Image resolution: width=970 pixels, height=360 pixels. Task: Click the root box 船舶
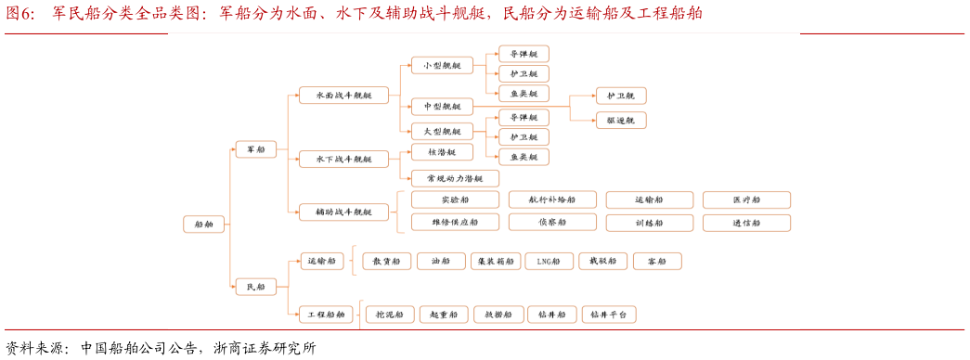click(203, 224)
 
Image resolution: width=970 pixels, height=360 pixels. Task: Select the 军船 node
click(255, 149)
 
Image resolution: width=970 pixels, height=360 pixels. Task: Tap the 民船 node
click(255, 287)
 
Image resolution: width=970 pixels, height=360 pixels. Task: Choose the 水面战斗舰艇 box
click(343, 96)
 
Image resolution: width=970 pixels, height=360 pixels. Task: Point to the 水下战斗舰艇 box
click(343, 159)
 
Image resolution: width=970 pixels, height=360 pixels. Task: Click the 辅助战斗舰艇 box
click(343, 212)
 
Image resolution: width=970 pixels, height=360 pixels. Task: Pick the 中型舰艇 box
click(442, 107)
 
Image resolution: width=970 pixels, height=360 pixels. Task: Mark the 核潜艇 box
click(442, 152)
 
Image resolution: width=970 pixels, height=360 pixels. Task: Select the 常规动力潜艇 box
click(455, 178)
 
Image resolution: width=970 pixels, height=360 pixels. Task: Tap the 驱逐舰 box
click(621, 120)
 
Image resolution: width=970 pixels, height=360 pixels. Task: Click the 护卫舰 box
click(621, 96)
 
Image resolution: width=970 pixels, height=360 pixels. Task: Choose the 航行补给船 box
click(551, 199)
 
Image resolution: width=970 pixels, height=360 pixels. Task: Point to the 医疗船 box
click(746, 199)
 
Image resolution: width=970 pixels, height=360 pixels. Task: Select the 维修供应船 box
click(455, 223)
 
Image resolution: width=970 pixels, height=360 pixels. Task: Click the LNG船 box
click(549, 262)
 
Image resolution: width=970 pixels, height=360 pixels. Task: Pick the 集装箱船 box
click(495, 262)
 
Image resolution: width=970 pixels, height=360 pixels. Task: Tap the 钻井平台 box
click(609, 315)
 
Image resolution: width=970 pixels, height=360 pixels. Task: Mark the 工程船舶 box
click(327, 315)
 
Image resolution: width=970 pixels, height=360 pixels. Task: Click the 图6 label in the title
click(19, 13)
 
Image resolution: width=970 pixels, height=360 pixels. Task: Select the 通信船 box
click(746, 223)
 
